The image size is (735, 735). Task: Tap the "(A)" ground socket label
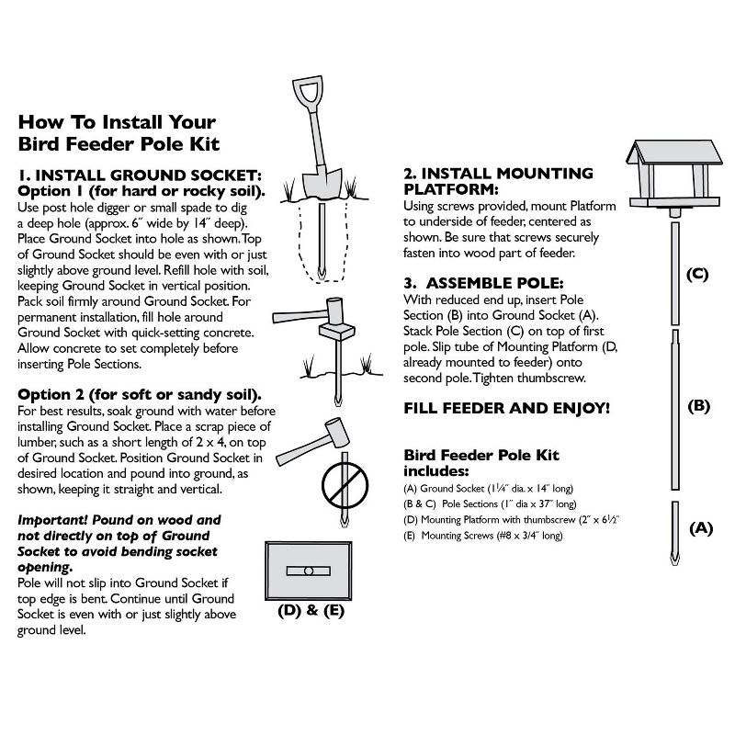tap(700, 528)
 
